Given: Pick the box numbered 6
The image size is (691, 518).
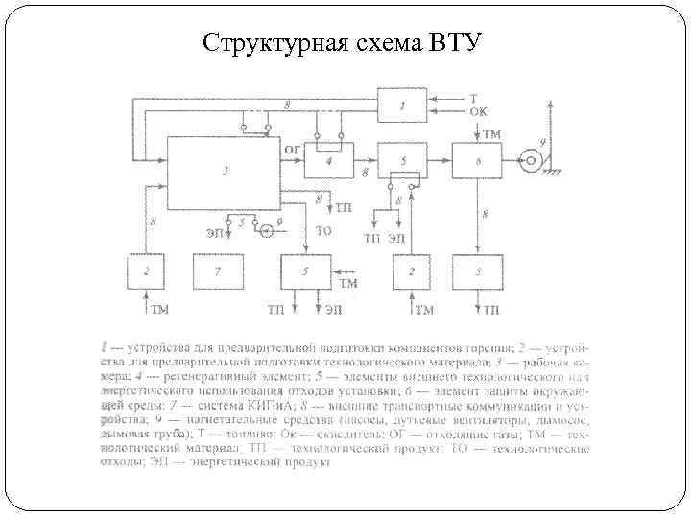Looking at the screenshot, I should [477, 160].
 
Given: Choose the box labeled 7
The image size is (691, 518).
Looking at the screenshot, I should [218, 272].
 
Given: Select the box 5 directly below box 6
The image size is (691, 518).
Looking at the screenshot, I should [477, 272].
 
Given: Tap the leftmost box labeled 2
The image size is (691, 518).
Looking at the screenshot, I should [146, 272].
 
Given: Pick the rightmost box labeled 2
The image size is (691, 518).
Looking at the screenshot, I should [410, 272].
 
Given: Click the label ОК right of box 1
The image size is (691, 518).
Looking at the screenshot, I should [477, 111].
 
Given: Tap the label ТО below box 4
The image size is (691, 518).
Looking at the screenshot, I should [324, 231].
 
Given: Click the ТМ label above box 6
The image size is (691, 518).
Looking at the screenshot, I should [489, 133].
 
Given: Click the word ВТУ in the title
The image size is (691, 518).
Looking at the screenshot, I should [455, 43].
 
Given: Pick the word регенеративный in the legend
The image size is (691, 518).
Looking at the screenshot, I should [203, 378].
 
